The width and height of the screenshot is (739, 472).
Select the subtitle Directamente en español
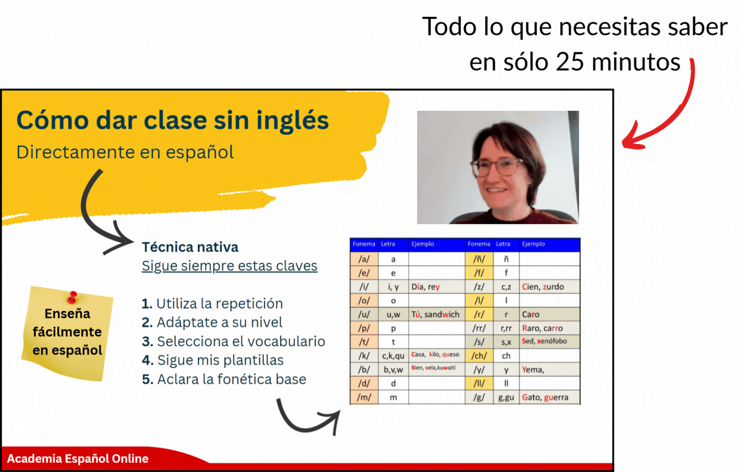tap(125, 152)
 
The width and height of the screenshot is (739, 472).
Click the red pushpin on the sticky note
tap(72, 297)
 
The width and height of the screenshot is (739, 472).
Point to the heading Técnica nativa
tap(190, 247)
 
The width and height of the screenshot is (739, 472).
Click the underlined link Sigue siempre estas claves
tap(230, 266)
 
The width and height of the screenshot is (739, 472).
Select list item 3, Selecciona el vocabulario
tap(234, 341)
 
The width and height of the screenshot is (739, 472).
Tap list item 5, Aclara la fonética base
tap(224, 379)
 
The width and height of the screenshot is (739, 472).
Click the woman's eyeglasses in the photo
tap(497, 167)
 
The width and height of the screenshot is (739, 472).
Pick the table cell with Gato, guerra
tap(549, 397)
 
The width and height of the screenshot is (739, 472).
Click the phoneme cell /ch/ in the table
tap(479, 356)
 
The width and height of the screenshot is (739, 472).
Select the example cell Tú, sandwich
tap(437, 314)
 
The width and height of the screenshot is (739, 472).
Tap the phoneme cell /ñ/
tap(479, 259)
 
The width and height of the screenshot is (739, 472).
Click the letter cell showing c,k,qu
tap(393, 356)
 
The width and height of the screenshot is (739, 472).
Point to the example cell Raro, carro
tap(549, 328)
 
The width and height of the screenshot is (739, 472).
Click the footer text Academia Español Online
tap(78, 459)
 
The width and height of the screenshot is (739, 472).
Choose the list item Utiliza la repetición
tap(212, 304)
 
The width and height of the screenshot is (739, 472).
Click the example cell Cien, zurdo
tap(549, 287)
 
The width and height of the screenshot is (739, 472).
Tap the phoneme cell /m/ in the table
tap(364, 397)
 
